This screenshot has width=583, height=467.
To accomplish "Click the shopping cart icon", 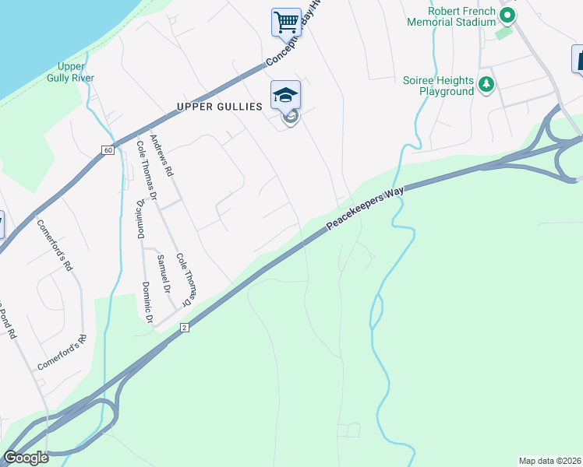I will [286, 21].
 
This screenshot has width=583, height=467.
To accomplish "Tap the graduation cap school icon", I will [285, 95].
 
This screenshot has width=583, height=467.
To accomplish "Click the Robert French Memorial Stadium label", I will [451, 16].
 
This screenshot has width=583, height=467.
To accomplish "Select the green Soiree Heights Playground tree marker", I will [486, 84].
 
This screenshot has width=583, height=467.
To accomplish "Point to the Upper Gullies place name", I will [219, 107].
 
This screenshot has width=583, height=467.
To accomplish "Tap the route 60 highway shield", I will [108, 149].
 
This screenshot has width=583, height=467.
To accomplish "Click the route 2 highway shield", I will [185, 327].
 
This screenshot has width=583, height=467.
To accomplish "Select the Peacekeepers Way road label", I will [365, 205].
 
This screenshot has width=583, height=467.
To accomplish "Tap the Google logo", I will [26, 458].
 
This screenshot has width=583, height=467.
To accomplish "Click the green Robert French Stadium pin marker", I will [507, 15].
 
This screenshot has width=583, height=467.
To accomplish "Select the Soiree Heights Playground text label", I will [438, 86].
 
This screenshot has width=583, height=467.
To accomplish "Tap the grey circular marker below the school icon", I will [290, 118].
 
